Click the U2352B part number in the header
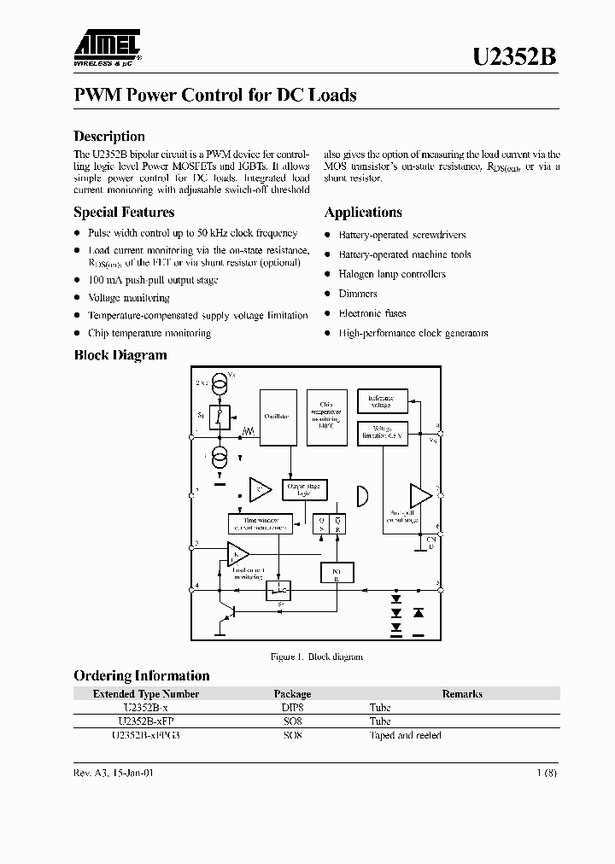515,56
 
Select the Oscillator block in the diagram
277,417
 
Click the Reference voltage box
381,400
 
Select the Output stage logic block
301,490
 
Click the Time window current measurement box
261,524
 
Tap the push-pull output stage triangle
420,496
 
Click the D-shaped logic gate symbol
362,494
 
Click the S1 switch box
220,417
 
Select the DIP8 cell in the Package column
292,708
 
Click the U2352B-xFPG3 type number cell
146,735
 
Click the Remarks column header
462,694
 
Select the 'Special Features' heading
124,213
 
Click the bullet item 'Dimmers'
358,294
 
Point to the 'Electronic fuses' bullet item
372,313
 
